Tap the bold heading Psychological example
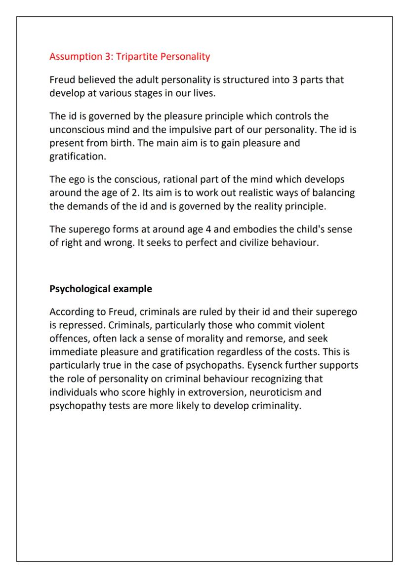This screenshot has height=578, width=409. [101, 289]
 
